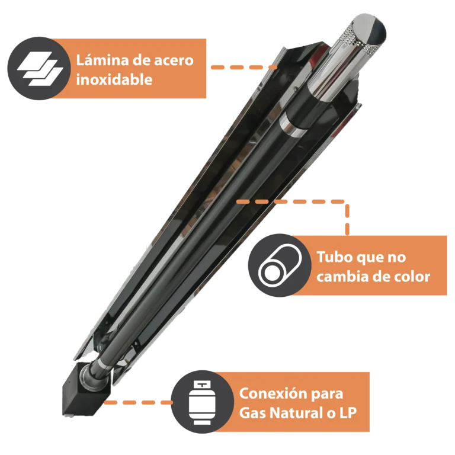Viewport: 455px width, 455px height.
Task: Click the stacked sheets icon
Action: [x=40, y=69]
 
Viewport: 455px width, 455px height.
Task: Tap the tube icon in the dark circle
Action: [x=280, y=265]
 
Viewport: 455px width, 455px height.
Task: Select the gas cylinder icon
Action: [x=202, y=403]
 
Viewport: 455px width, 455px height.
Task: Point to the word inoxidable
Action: [x=114, y=79]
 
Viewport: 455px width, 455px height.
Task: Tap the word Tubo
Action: [x=332, y=257]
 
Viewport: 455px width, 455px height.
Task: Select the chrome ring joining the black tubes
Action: [x=293, y=125]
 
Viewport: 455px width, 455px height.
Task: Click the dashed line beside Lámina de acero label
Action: [x=243, y=68]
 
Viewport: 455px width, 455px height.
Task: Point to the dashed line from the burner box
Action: [x=138, y=402]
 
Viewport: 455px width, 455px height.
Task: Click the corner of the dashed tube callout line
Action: [x=347, y=201]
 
